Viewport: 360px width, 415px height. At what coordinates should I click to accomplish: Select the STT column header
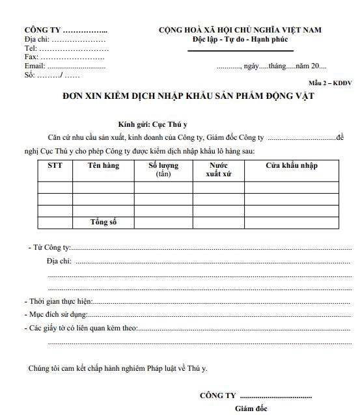coord(55,166)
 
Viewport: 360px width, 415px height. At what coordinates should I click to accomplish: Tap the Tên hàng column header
coord(104,166)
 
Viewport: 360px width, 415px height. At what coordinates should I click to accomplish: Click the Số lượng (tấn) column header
coord(163,170)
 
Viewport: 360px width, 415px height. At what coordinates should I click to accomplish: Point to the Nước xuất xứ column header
coord(218,170)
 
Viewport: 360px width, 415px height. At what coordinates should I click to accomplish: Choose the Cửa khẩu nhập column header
coord(291,166)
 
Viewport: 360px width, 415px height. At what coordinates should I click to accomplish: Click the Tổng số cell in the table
coord(104,222)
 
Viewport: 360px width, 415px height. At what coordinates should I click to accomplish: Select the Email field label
coord(35,66)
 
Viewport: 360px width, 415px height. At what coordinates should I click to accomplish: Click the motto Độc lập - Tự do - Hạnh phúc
coord(240,40)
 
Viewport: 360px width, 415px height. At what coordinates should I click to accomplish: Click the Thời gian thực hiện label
coord(61,301)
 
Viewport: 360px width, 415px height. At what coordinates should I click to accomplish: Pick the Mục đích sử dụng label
coord(58,315)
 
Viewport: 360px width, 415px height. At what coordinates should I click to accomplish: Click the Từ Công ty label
coord(50,248)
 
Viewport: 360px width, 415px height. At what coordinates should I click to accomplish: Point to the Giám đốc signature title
coord(251,408)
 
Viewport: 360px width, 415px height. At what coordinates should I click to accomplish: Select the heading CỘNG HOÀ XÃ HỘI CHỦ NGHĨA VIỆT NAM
coord(240,30)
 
